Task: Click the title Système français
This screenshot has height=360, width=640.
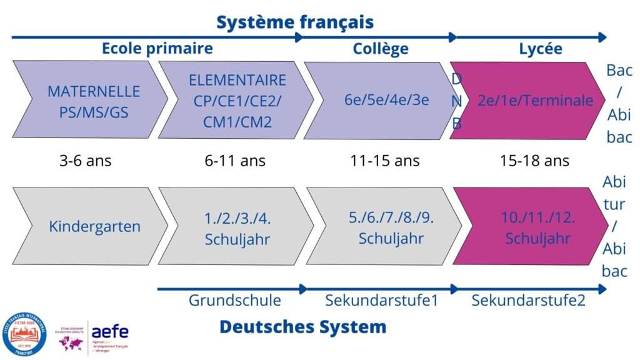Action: click(295, 22)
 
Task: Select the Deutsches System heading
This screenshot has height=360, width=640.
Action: click(302, 326)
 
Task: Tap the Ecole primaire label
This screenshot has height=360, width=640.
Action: click(157, 48)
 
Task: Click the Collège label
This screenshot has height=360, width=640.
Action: click(381, 48)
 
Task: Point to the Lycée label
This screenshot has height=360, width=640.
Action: click(541, 48)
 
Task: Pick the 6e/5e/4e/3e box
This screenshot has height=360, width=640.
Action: click(386, 100)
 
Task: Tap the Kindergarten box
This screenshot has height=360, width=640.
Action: click(94, 226)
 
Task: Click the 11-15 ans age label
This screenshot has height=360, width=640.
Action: click(385, 161)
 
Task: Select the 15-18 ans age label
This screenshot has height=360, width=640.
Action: click(534, 161)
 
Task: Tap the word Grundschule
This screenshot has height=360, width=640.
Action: click(234, 301)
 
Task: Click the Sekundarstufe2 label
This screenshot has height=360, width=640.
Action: click(528, 301)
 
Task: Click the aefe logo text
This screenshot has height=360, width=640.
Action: click(110, 331)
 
